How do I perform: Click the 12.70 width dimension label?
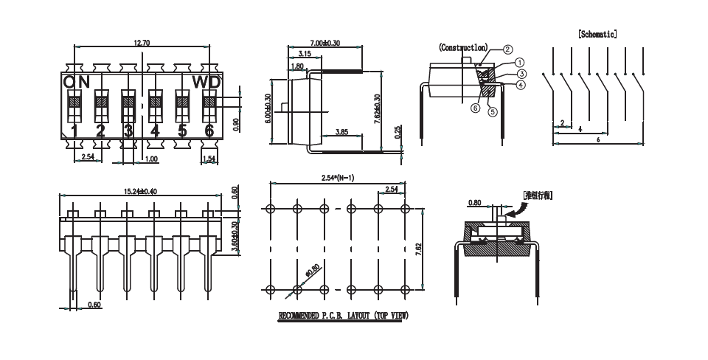(142, 44)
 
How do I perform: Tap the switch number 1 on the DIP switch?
(74, 131)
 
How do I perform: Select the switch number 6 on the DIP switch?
(209, 131)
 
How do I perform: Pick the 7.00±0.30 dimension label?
(325, 44)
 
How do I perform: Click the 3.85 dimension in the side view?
(341, 132)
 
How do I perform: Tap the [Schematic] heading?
(597, 34)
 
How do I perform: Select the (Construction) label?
(463, 47)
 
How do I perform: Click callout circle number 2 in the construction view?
(508, 50)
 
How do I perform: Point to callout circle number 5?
(493, 112)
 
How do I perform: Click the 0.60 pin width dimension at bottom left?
(94, 304)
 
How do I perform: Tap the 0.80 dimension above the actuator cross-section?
(474, 202)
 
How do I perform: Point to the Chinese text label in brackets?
(538, 195)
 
